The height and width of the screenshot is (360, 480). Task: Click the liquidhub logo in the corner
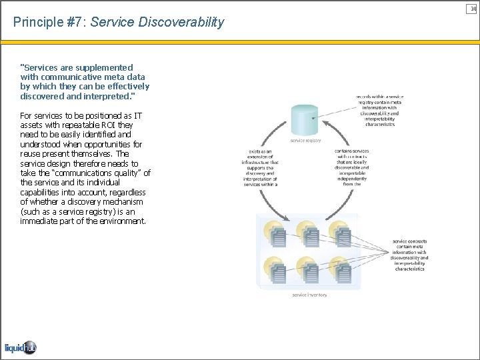[x=19, y=347]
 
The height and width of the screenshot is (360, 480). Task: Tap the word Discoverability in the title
[x=181, y=23]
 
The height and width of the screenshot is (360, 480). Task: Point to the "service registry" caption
[x=305, y=141]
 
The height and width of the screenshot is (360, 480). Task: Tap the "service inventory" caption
[x=310, y=295]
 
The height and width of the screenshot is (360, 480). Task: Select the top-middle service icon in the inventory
[x=308, y=233]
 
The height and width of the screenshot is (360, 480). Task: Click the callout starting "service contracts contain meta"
[x=410, y=255]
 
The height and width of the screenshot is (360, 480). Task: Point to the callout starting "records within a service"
[x=379, y=110]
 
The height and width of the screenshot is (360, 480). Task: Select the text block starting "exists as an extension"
[x=260, y=168]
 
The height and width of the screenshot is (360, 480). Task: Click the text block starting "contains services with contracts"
[x=352, y=167]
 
